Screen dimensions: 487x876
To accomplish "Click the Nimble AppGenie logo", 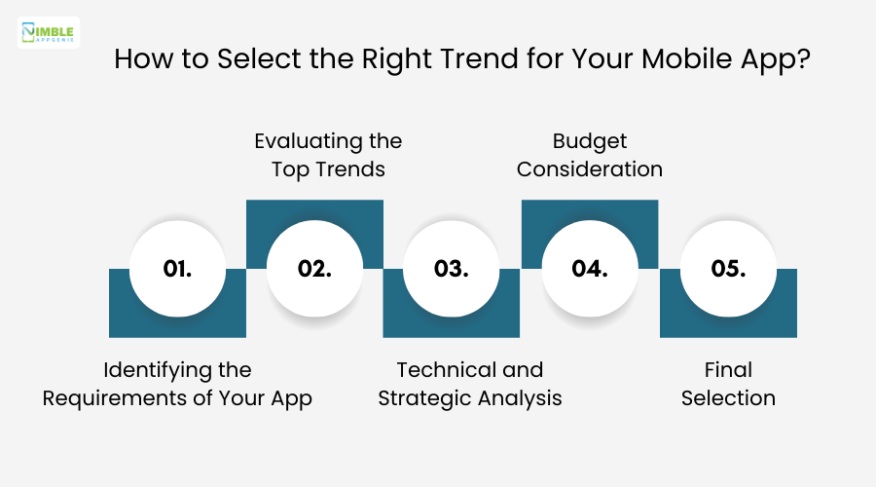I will (x=49, y=32).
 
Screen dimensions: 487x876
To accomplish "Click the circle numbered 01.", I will (x=177, y=269).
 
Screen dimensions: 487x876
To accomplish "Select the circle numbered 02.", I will (x=315, y=269).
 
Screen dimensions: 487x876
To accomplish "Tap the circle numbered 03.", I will (x=453, y=269).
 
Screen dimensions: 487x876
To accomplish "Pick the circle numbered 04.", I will (x=590, y=269).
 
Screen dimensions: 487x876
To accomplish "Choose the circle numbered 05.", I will (x=728, y=269).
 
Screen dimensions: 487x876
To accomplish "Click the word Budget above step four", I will (x=590, y=141).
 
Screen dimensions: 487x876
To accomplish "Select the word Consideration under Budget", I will (x=590, y=169).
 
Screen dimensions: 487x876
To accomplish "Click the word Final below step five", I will (x=728, y=370).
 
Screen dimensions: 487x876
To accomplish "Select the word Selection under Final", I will (x=728, y=399).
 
